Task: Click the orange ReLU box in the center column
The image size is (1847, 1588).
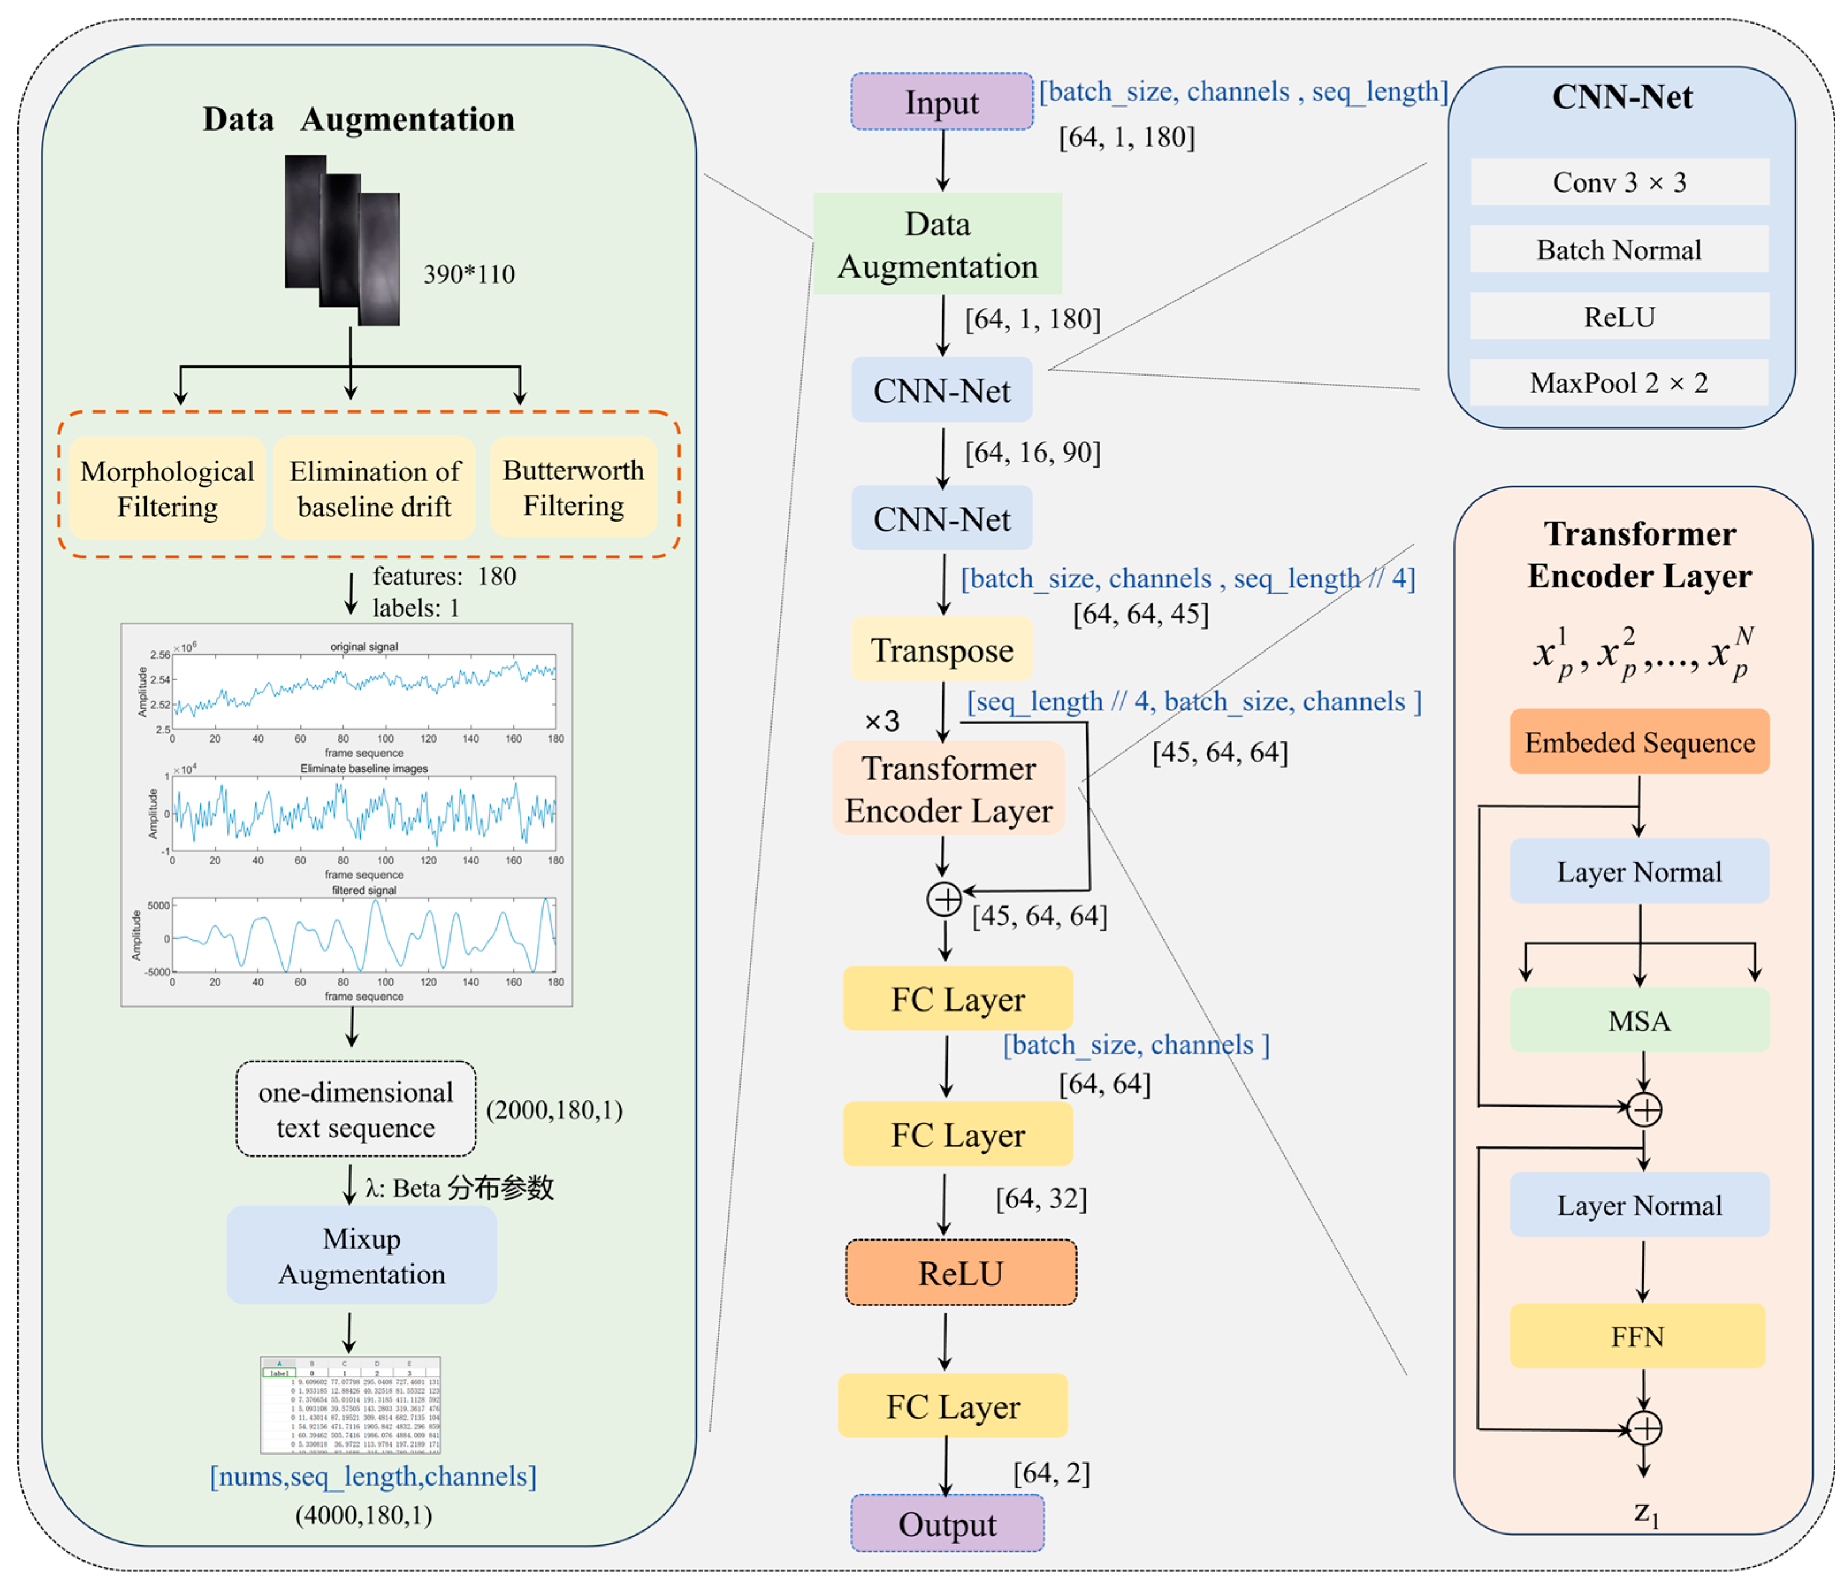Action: point(961,1273)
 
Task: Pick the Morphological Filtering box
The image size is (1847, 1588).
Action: point(167,488)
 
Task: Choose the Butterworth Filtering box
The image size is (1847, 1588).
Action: point(573,488)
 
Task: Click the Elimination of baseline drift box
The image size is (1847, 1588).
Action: point(375,488)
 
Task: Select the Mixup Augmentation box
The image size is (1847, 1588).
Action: point(361,1256)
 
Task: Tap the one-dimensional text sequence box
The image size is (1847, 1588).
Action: point(356,1109)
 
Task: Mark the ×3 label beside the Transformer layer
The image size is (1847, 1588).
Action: point(881,721)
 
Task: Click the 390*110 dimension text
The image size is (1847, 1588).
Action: point(469,274)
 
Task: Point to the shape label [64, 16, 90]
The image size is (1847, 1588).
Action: point(1032,453)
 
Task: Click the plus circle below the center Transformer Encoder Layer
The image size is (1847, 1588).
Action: point(944,899)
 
